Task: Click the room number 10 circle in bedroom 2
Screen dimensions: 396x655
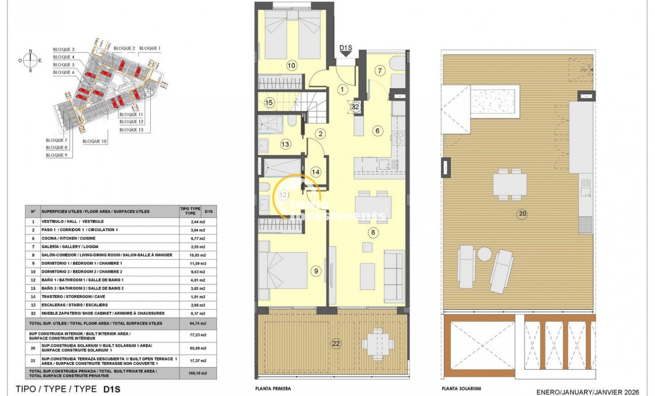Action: [x=291, y=65]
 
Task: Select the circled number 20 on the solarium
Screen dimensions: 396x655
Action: [x=522, y=214]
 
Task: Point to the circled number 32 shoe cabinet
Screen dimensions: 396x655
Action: [x=355, y=107]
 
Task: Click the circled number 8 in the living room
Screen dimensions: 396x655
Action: [x=373, y=233]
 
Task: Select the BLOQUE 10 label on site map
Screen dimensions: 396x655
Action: [x=95, y=141]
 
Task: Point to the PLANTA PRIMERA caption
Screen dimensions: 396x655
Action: [x=274, y=388]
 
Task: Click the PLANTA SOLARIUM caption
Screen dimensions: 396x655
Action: [x=461, y=388]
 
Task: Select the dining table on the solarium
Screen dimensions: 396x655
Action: [x=509, y=183]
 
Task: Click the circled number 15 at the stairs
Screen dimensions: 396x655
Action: [x=269, y=103]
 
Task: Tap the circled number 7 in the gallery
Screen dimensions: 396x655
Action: [x=380, y=71]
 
